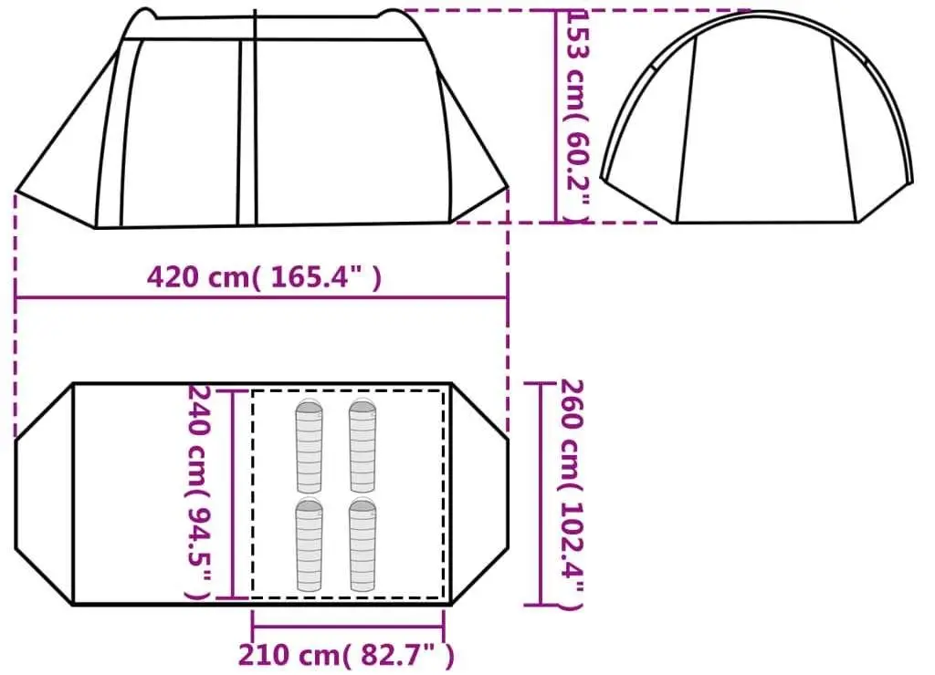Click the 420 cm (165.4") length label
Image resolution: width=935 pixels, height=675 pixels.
264,276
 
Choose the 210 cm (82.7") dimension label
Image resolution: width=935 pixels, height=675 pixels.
346,654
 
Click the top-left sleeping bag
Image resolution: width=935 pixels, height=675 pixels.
309,446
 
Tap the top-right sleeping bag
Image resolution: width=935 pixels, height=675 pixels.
362,446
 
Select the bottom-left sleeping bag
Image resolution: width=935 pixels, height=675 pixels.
309,545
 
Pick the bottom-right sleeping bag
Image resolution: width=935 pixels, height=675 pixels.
362,545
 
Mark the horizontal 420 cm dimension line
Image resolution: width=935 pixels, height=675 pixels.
261,297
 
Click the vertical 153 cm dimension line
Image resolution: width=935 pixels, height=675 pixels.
556,116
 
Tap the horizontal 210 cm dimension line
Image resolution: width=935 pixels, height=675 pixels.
348,626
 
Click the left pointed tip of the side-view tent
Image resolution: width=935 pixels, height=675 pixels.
17,192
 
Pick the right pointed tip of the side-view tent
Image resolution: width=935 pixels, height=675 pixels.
507,190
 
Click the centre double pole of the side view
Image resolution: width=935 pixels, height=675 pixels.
246,128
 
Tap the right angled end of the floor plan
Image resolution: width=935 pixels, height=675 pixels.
480,493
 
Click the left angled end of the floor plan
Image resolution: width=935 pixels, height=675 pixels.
44,493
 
